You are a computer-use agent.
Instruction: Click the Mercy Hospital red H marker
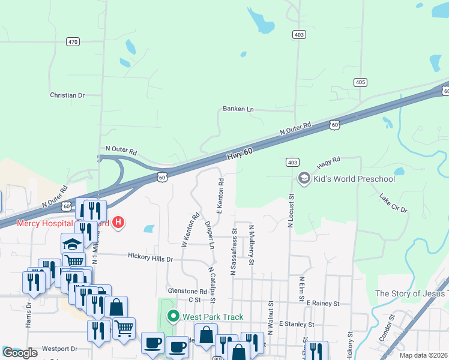pos(118,223)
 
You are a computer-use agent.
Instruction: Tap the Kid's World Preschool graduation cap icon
pos(304,179)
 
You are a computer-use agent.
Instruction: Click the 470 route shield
pos(73,41)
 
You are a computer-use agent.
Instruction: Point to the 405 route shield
pos(360,82)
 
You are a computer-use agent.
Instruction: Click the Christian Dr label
pos(67,95)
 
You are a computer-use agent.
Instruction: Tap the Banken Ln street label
pos(238,109)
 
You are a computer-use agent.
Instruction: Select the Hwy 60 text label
pos(240,155)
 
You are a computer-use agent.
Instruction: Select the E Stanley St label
pos(297,324)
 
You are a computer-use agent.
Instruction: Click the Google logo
pos(20,353)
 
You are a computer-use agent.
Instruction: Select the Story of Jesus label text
pos(411,293)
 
